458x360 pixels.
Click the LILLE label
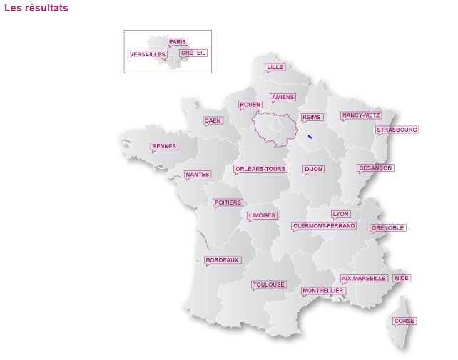pyautogui.click(x=275, y=67)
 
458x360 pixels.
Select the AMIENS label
pyautogui.click(x=283, y=98)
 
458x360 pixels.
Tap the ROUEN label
pyautogui.click(x=250, y=105)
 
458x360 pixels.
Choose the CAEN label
pyautogui.click(x=213, y=120)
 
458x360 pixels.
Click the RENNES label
pyautogui.click(x=164, y=146)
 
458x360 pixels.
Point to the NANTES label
pyautogui.click(x=197, y=175)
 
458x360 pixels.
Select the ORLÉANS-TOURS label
pyautogui.click(x=260, y=169)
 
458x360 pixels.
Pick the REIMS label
pyautogui.click(x=312, y=118)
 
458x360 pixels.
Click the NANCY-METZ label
pyautogui.click(x=361, y=115)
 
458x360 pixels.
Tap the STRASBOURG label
pyautogui.click(x=397, y=130)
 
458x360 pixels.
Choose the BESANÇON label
pyautogui.click(x=375, y=168)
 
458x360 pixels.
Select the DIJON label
pyautogui.click(x=313, y=170)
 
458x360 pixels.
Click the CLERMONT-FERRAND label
pyautogui.click(x=324, y=226)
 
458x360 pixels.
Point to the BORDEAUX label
pyautogui.click(x=223, y=260)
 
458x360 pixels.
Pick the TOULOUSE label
pyautogui.click(x=269, y=284)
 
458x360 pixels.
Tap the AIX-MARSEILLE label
pyautogui.click(x=364, y=278)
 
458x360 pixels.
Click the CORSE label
pyautogui.click(x=404, y=321)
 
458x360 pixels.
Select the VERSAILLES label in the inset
pyautogui.click(x=148, y=54)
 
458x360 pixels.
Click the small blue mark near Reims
pyautogui.click(x=310, y=136)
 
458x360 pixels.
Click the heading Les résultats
pyautogui.click(x=36, y=9)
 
